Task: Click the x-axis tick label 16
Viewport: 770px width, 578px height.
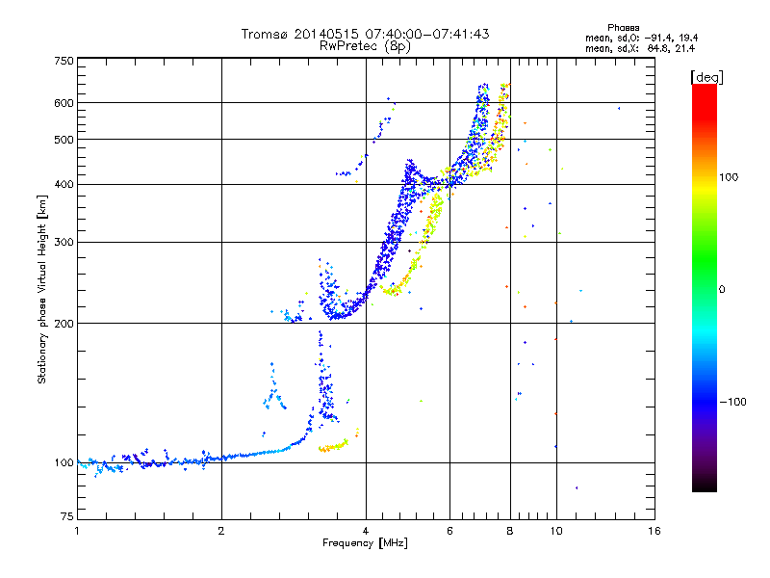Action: pos(654,531)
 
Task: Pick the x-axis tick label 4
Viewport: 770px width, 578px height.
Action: pos(366,531)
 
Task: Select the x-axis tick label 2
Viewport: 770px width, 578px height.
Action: pos(221,531)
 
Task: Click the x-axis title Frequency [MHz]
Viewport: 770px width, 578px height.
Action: pos(365,543)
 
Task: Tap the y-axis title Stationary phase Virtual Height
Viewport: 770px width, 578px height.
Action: pos(42,288)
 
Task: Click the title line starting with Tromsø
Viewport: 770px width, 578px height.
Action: pos(365,34)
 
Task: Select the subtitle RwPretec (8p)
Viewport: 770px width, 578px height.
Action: pos(365,45)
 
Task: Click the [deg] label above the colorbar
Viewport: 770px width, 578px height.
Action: pos(706,76)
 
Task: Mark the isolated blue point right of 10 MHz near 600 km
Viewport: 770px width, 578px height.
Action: pos(619,108)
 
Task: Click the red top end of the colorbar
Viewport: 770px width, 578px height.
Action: pos(705,88)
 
